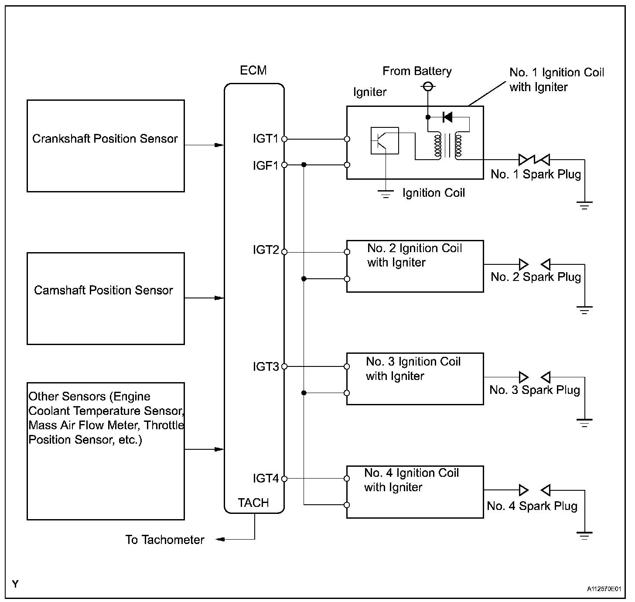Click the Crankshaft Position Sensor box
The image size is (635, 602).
[106, 146]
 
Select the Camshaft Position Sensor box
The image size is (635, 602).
[106, 298]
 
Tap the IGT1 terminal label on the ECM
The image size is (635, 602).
[265, 139]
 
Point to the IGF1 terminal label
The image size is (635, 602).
[265, 165]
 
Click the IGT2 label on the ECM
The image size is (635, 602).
[265, 250]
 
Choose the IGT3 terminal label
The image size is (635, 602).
[265, 366]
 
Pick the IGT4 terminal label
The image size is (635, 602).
[265, 479]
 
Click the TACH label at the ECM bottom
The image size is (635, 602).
[253, 503]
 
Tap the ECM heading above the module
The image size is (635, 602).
[253, 70]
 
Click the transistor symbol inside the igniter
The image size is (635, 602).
[384, 140]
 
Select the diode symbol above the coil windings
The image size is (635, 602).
[447, 117]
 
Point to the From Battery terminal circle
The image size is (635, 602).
[428, 87]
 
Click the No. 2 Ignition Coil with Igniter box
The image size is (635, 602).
[415, 266]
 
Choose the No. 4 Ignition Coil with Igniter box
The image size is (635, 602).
[415, 492]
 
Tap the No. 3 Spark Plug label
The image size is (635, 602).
[535, 390]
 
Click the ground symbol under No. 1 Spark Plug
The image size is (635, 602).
[584, 205]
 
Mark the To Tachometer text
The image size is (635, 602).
[165, 540]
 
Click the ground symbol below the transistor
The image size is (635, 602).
[386, 194]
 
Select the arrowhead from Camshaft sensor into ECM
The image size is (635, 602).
[219, 298]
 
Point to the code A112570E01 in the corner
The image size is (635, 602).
[604, 589]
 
